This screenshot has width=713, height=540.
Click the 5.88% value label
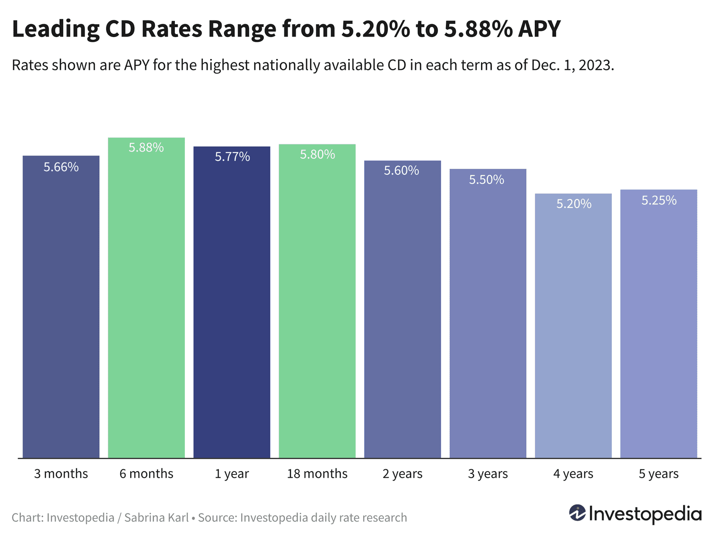(x=146, y=148)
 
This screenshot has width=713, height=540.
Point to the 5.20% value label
(x=574, y=204)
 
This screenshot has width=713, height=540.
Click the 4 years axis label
(x=573, y=474)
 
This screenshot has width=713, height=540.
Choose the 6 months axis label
(x=146, y=474)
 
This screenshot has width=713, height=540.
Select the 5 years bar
(x=658, y=328)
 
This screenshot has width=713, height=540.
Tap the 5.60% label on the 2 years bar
(x=402, y=171)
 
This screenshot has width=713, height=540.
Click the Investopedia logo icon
(x=577, y=513)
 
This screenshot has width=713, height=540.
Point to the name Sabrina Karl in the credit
(x=156, y=518)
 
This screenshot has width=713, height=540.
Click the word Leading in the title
(x=55, y=29)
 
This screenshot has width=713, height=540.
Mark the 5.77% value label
(x=232, y=157)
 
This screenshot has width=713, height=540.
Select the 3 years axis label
(x=488, y=474)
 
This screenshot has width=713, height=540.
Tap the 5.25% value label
(x=659, y=200)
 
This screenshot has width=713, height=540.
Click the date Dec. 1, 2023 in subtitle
(x=572, y=65)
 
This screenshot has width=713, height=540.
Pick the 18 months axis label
(x=317, y=474)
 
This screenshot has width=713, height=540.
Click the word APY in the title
(x=540, y=29)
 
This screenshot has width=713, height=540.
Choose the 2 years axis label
(x=402, y=474)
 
